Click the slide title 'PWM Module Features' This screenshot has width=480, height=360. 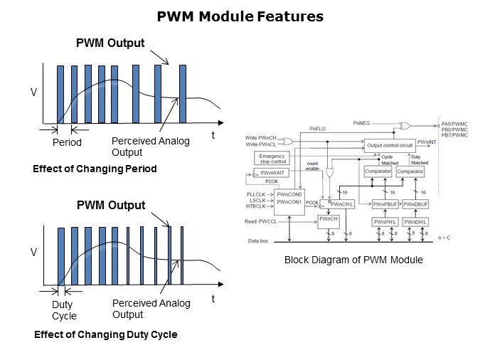pyautogui.click(x=240, y=16)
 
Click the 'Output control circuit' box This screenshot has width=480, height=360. pyautogui.click(x=388, y=144)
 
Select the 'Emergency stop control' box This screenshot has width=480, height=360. pyautogui.click(x=272, y=158)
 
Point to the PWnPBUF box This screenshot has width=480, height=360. pyautogui.click(x=384, y=204)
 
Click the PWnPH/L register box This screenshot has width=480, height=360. pyautogui.click(x=384, y=222)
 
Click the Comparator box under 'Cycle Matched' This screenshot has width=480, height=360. pyautogui.click(x=378, y=172)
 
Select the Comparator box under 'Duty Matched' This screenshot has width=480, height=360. pyautogui.click(x=410, y=172)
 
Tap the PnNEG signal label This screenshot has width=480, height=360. pyautogui.click(x=361, y=123)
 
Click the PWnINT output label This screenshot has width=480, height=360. pyautogui.click(x=427, y=142)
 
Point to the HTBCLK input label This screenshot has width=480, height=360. pyautogui.click(x=255, y=206)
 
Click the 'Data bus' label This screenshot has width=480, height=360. pyautogui.click(x=259, y=241)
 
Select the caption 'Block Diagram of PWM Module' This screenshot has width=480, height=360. pyautogui.click(x=353, y=260)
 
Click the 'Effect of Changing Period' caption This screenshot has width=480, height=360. pyautogui.click(x=95, y=169)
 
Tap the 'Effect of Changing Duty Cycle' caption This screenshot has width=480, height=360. pyautogui.click(x=105, y=334)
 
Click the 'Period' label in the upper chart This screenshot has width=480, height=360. pyautogui.click(x=68, y=143)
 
